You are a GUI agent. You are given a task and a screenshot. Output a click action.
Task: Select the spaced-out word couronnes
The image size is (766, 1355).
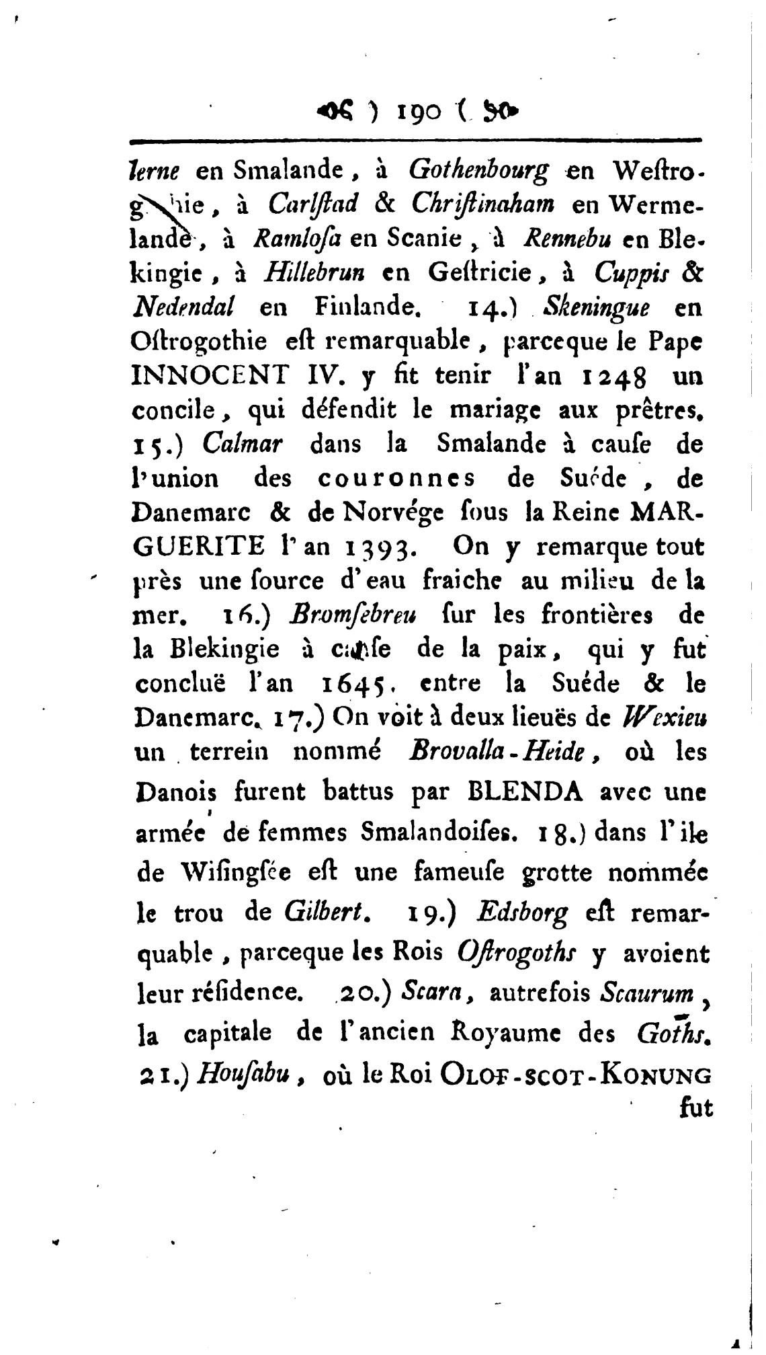point(396,479)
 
